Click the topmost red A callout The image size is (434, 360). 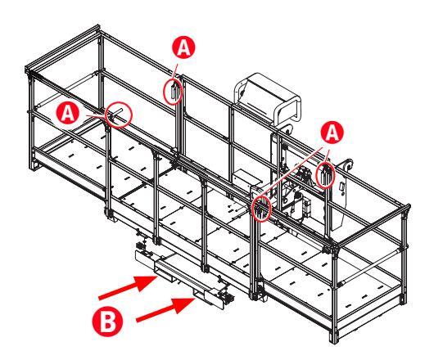(x=183, y=47)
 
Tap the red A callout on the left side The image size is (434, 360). (x=67, y=113)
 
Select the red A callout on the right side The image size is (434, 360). (x=332, y=133)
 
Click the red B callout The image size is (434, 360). (x=107, y=322)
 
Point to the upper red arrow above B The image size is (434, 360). (x=128, y=286)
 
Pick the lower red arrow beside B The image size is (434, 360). (x=165, y=309)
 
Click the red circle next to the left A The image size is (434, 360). (x=120, y=115)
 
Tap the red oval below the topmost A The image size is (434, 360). (x=173, y=91)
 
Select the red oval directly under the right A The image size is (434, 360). (x=325, y=175)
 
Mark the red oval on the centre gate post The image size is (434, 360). (x=261, y=208)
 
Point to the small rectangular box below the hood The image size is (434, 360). (x=247, y=178)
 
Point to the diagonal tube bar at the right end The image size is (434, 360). (x=370, y=266)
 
